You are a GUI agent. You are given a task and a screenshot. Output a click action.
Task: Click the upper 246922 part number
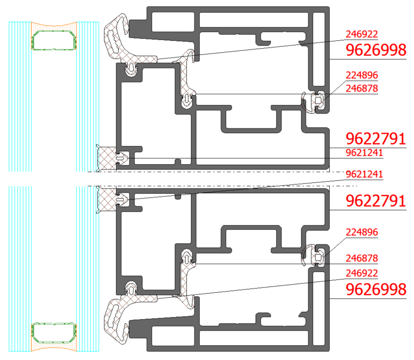(x=362, y=34)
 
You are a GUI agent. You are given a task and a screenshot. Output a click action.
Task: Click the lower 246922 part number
(x=362, y=273)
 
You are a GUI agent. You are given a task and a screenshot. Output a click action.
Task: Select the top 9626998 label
(x=376, y=50)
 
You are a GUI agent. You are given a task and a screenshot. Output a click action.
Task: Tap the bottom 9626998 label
(x=376, y=290)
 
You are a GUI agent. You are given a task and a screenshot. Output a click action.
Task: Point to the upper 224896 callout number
(x=362, y=75)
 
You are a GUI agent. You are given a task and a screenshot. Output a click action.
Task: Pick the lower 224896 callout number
(x=362, y=233)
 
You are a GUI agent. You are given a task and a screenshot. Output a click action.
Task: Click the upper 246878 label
(x=362, y=89)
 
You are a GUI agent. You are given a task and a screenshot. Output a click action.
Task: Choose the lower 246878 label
(x=362, y=258)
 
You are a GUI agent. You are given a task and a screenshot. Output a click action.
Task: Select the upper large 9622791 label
(x=376, y=139)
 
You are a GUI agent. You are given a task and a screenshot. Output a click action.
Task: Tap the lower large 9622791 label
(x=376, y=201)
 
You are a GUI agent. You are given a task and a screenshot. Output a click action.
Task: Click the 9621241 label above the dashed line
(x=364, y=153)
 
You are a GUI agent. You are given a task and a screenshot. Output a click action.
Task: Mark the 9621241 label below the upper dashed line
(x=364, y=175)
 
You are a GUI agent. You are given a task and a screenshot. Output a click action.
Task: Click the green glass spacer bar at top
(x=54, y=40)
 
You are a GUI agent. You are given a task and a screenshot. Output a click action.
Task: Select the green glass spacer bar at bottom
(x=54, y=333)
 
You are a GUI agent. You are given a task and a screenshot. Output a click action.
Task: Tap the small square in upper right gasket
(x=318, y=100)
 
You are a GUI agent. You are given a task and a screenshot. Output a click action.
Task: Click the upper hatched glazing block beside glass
(x=106, y=158)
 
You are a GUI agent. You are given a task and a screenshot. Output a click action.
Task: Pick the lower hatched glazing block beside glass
(x=106, y=199)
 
